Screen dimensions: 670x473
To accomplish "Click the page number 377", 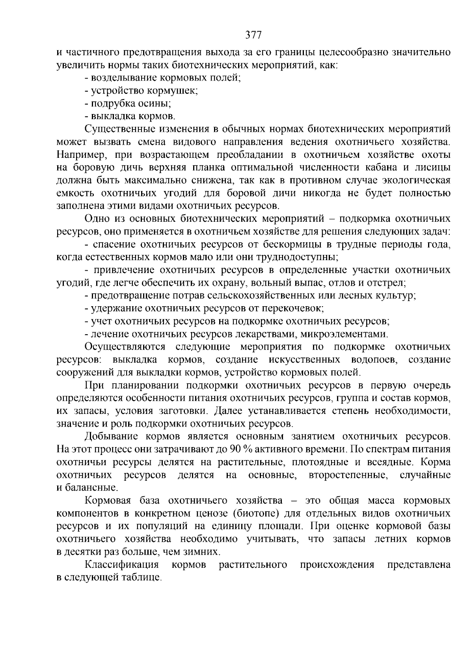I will [x=253, y=36].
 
